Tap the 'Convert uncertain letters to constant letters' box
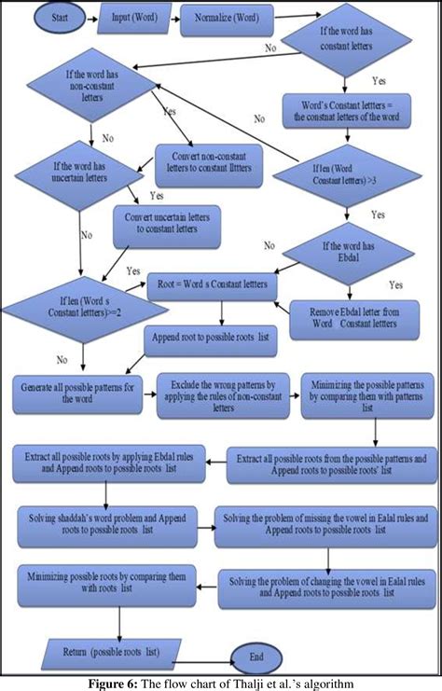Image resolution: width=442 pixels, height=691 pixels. [175, 224]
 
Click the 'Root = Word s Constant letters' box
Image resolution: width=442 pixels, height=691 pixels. [214, 282]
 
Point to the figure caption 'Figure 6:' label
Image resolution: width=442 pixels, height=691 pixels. [116, 683]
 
